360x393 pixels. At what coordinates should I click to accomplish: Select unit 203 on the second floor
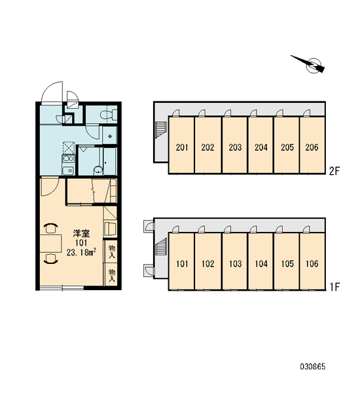tap(235, 145)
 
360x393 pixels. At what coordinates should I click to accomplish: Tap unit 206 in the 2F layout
tap(312, 145)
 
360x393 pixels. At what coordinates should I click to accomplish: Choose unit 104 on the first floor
tap(261, 261)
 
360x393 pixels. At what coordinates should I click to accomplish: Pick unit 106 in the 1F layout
tap(312, 261)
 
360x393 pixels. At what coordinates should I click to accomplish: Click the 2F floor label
tap(334, 171)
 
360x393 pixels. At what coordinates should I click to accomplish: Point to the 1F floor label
tap(334, 287)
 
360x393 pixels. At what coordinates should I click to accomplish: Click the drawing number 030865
tap(313, 367)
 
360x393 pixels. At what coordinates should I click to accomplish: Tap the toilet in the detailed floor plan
tap(109, 115)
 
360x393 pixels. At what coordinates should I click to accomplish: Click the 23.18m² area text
tap(81, 252)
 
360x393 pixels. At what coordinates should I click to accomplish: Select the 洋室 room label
tap(81, 233)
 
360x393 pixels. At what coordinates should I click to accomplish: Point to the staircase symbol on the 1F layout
tap(160, 246)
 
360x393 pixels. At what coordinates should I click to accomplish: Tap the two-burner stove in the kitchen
tap(68, 159)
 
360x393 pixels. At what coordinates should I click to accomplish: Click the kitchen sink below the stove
tap(68, 171)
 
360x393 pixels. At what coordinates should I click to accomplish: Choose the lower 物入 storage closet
tap(111, 274)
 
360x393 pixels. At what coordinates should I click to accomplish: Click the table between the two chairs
tap(51, 244)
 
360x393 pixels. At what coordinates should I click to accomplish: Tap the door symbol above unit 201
tap(176, 113)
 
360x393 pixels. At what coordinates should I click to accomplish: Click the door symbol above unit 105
tap(279, 229)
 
